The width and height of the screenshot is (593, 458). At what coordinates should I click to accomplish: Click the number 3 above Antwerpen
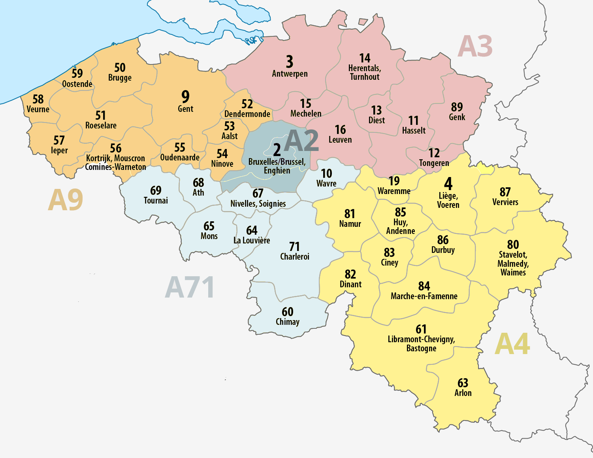290,62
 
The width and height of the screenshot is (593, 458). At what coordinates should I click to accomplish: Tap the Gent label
185,109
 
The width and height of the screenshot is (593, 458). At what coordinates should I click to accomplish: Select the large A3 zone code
475,46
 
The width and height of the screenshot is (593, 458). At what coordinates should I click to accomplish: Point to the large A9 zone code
66,200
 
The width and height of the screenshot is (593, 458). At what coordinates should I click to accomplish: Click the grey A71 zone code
190,287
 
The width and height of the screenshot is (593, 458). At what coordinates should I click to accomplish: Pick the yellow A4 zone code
512,344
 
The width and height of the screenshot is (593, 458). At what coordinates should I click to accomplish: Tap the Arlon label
463,393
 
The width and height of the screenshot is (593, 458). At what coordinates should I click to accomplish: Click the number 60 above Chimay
288,312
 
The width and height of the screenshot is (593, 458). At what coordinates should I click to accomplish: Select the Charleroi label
295,257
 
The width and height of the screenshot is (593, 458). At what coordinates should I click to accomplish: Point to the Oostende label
77,84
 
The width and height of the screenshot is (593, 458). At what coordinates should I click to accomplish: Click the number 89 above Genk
457,107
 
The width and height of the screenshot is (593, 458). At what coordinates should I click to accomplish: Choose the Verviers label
505,202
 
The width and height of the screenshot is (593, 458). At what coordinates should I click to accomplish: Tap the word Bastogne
421,349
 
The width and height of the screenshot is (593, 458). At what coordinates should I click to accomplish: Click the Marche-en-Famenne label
424,296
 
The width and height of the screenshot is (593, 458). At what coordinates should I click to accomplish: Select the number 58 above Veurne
38,99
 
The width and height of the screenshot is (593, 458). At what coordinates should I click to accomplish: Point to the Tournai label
156,201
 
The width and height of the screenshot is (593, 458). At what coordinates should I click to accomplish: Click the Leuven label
340,140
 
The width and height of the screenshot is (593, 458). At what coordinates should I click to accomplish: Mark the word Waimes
513,273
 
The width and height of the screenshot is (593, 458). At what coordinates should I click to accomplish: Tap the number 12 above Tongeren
434,153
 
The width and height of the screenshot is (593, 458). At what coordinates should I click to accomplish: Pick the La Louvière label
252,241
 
